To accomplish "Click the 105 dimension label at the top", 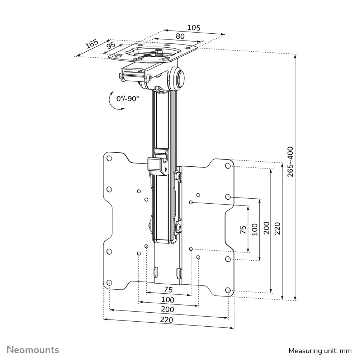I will click(194, 28).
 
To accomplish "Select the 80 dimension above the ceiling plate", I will click(180, 36).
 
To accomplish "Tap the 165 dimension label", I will click(92, 44).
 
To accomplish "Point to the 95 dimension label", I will click(111, 46).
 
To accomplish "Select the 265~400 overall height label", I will click(290, 161).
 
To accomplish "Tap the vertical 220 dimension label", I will click(278, 228).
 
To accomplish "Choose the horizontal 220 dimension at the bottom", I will click(166, 320).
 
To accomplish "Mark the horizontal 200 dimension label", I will click(167, 309).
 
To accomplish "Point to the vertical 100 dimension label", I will click(255, 229).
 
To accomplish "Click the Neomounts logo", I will click(33, 349).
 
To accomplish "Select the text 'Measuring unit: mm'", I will click(320, 350).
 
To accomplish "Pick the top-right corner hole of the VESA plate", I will click(228, 166).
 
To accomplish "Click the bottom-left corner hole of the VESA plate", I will click(109, 282).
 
